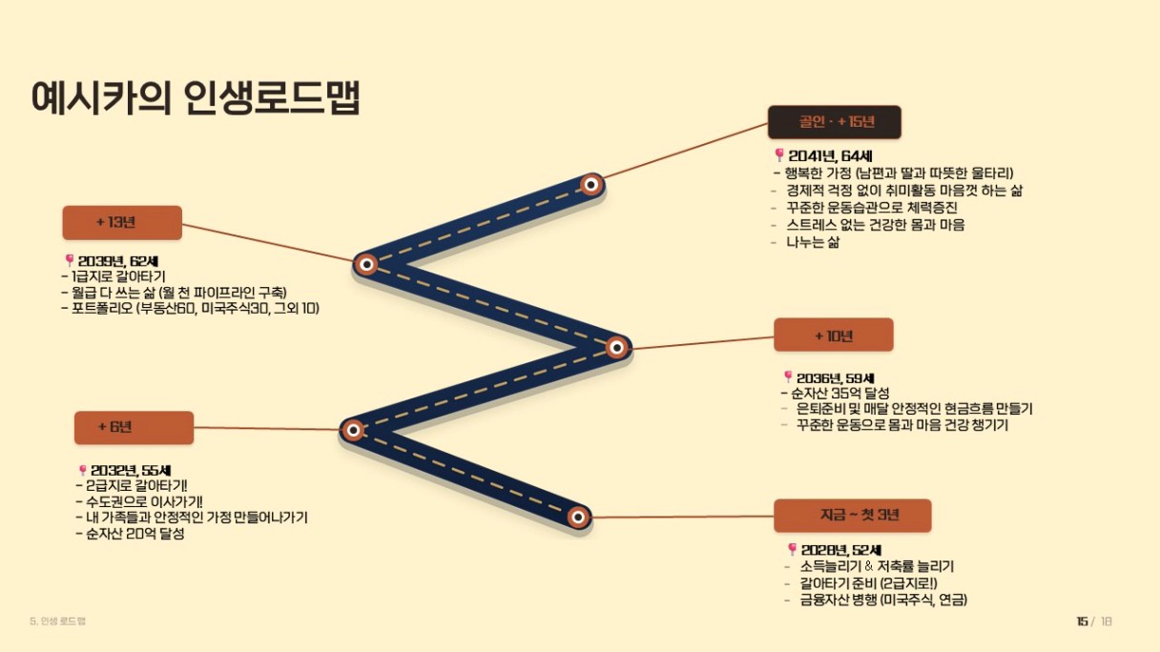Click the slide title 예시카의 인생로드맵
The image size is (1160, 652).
pos(196,97)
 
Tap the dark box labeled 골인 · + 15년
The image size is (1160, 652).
pos(835,122)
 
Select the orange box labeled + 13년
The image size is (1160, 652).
pos(122,222)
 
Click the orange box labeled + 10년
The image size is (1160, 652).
pos(833,335)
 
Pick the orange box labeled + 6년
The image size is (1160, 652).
pos(135,427)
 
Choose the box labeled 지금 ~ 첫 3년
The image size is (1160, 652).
pos(853,516)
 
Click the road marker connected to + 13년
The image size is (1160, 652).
pos(366,264)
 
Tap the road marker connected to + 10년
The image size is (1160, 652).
pos(616,347)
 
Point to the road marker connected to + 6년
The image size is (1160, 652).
pos(353,430)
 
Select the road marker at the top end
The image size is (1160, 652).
pos(590,185)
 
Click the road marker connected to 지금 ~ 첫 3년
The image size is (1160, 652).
pos(578,517)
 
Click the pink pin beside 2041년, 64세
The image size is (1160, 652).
pos(778,154)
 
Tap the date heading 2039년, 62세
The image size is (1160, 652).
pos(118,262)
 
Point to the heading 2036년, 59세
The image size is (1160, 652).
pos(836,378)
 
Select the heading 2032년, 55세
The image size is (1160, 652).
pos(131,470)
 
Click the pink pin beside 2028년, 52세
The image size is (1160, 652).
pos(792,549)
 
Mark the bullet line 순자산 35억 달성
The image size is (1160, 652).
pos(840,394)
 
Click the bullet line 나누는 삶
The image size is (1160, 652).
pos(813,242)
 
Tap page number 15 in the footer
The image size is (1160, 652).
pos(1082,621)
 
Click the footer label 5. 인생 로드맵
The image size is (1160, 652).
pos(58,621)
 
